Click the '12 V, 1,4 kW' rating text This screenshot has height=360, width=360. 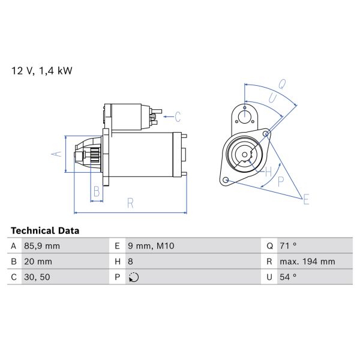coord(42,71)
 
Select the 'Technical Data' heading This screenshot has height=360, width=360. coord(45,230)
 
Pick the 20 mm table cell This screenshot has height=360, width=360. coord(39,262)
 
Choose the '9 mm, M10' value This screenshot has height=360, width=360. coord(149,246)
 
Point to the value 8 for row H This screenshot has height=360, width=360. coord(131,262)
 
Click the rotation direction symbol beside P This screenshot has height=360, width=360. coord(134,277)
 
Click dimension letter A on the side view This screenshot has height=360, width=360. coord(56,154)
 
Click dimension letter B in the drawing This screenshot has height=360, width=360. coord(95,193)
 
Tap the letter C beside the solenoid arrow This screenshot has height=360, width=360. coord(178,116)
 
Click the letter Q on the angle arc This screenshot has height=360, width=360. coord(282,84)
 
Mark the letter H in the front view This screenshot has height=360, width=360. coord(268,173)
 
